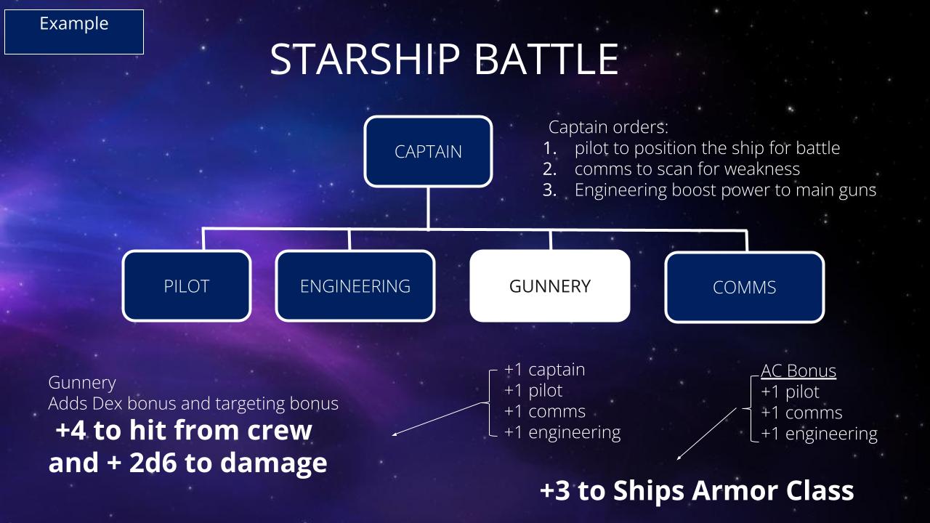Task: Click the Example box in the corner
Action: pos(74,32)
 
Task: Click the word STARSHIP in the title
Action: pos(365,59)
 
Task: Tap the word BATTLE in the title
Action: pos(546,59)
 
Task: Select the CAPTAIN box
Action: pos(428,152)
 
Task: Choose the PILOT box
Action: pos(187,286)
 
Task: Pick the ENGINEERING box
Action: pos(355,286)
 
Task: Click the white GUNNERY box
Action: pos(550,286)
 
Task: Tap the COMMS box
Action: pos(745,287)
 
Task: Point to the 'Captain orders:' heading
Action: pos(608,127)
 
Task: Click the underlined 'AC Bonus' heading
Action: pos(798,370)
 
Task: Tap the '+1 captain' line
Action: pos(544,370)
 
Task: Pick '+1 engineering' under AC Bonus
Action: pos(819,434)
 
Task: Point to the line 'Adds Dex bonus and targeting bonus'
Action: pos(193,403)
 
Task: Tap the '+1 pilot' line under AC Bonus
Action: pos(790,392)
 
